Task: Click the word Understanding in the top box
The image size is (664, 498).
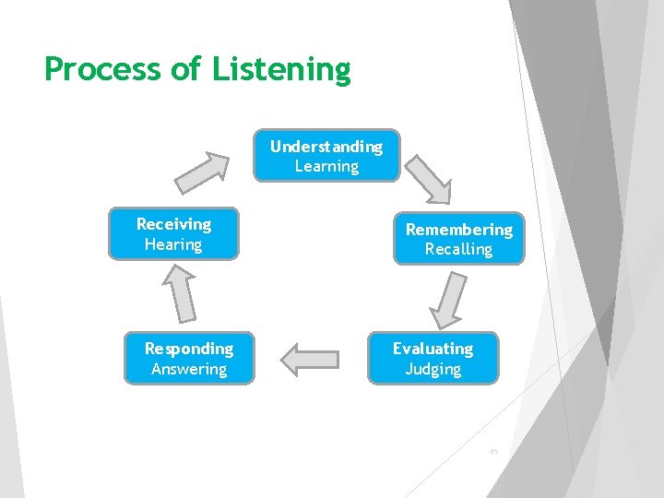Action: [326, 147]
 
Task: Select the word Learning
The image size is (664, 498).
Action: [326, 167]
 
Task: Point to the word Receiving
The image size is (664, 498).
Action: [173, 224]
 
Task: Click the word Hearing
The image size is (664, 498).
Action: [173, 244]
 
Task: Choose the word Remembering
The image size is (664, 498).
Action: [459, 229]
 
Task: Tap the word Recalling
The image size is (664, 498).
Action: [459, 249]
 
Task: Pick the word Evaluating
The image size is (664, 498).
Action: [433, 349]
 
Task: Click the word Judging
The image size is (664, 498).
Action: [433, 369]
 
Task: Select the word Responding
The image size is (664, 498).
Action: [189, 349]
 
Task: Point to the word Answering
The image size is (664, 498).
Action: [189, 369]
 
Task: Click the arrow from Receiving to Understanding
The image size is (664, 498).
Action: [204, 172]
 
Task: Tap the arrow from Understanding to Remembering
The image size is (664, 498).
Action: [429, 178]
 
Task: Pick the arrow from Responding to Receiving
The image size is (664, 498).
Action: [181, 294]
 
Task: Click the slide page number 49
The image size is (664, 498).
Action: [493, 452]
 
